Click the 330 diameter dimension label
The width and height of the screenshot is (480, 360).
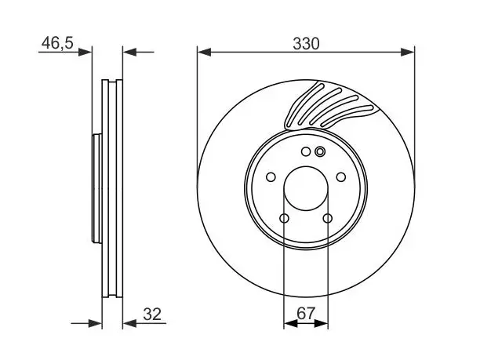click(x=306, y=43)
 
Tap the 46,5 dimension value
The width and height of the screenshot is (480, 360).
click(x=57, y=42)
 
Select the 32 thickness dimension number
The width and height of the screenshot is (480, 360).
click(x=152, y=314)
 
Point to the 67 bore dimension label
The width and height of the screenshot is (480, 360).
click(x=306, y=313)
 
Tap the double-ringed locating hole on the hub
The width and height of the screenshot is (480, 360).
click(x=320, y=151)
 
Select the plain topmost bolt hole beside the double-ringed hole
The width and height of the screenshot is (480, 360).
click(x=306, y=151)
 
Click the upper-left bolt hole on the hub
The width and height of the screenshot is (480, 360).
click(x=271, y=177)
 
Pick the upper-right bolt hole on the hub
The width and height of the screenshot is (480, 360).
click(x=341, y=177)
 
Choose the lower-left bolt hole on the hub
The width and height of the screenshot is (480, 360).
click(x=285, y=218)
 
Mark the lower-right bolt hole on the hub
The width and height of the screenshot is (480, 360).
click(x=328, y=218)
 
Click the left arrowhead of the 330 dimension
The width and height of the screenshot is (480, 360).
click(x=205, y=52)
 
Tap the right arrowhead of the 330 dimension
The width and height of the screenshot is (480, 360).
click(x=407, y=52)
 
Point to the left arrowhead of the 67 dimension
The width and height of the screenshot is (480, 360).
click(x=290, y=323)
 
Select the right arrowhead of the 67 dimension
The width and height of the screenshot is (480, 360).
click(x=321, y=323)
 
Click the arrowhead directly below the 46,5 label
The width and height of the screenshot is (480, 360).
click(x=85, y=52)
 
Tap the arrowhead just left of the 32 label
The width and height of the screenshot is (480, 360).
click(x=129, y=323)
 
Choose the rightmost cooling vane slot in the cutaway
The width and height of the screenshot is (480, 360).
click(x=347, y=116)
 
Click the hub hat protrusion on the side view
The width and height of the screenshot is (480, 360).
click(x=97, y=188)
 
